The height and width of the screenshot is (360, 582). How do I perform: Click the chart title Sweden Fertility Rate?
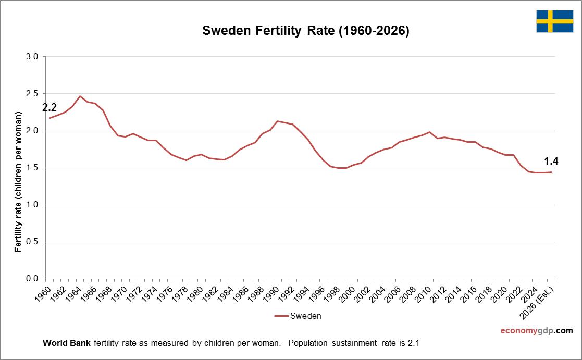click(x=306, y=31)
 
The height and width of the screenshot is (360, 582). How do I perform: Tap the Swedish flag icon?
click(x=554, y=21)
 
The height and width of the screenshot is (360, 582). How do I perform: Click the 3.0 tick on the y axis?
click(x=32, y=57)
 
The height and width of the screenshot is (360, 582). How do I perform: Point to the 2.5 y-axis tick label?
click(x=32, y=94)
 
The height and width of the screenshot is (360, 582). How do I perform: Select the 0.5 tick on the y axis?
click(x=32, y=242)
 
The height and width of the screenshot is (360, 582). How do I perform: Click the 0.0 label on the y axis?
click(x=32, y=279)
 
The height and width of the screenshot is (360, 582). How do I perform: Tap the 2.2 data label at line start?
click(x=49, y=108)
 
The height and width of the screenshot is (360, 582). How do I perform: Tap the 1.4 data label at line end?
click(x=551, y=161)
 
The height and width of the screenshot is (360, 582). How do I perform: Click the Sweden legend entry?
click(x=298, y=316)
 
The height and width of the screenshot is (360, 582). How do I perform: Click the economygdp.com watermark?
click(x=536, y=331)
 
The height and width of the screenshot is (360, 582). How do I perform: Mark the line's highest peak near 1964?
click(x=80, y=96)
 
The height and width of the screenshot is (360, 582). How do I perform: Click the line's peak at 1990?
click(x=277, y=121)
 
